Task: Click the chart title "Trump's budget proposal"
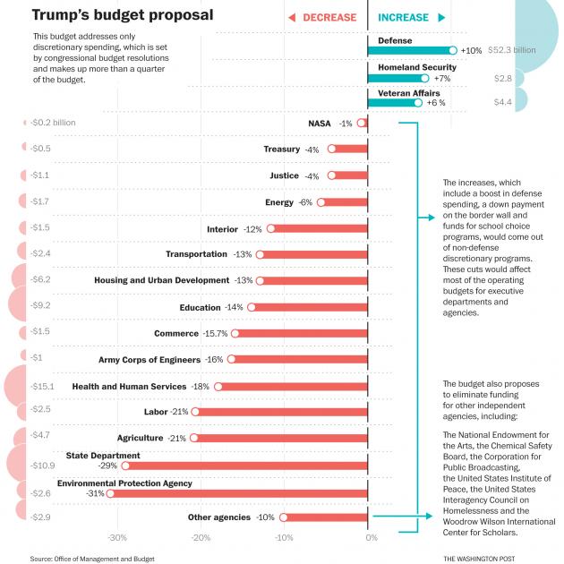coord(123,15)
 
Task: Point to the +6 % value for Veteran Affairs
coord(436,103)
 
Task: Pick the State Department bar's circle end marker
coord(125,466)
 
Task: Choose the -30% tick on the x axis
coord(116,537)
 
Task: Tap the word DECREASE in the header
coord(329,17)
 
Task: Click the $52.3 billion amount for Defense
coord(512,50)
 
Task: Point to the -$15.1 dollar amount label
coord(41,387)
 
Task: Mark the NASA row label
coord(320,123)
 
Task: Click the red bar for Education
coord(309,307)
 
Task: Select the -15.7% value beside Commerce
coord(215,334)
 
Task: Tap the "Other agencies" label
coord(218,517)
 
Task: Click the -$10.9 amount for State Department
coord(41,466)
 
